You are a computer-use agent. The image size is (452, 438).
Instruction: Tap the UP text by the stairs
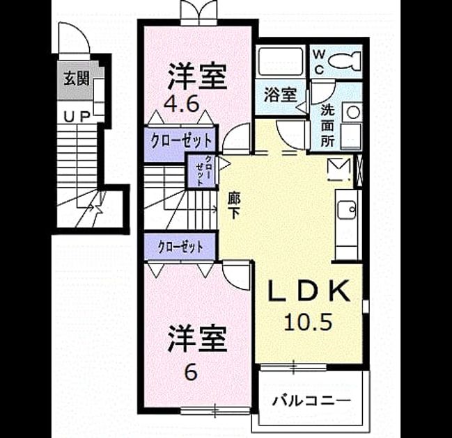point(77,117)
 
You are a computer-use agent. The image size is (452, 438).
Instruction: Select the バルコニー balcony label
point(311,400)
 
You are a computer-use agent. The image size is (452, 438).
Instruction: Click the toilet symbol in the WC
point(345,60)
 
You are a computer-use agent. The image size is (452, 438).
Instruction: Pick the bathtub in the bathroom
point(281,62)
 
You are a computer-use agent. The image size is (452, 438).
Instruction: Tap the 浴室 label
point(280,95)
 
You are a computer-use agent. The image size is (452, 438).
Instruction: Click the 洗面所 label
point(327,125)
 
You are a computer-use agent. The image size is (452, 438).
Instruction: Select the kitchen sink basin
point(347,210)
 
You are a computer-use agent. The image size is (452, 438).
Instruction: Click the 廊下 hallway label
point(233,205)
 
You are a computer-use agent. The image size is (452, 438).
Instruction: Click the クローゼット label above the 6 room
point(180,247)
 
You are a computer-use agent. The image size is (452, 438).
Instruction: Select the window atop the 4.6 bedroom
point(199,13)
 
